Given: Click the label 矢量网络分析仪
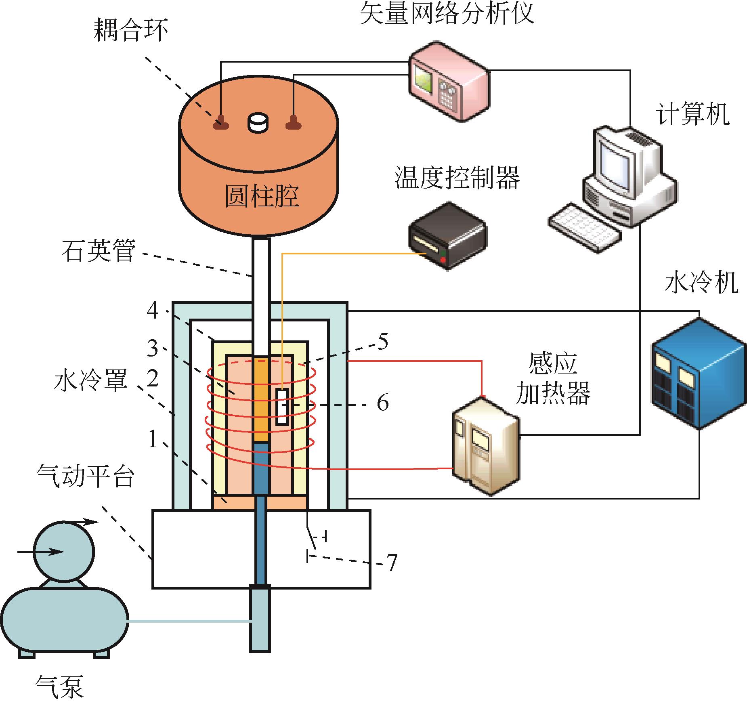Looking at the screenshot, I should [447, 14].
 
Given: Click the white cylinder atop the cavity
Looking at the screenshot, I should [258, 123].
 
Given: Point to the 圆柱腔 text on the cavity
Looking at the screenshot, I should [262, 197].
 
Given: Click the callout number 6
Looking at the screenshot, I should [382, 403].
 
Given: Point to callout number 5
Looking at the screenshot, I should [382, 342].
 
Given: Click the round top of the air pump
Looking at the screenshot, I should [64, 552].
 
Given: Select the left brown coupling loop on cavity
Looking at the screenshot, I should [221, 123].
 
